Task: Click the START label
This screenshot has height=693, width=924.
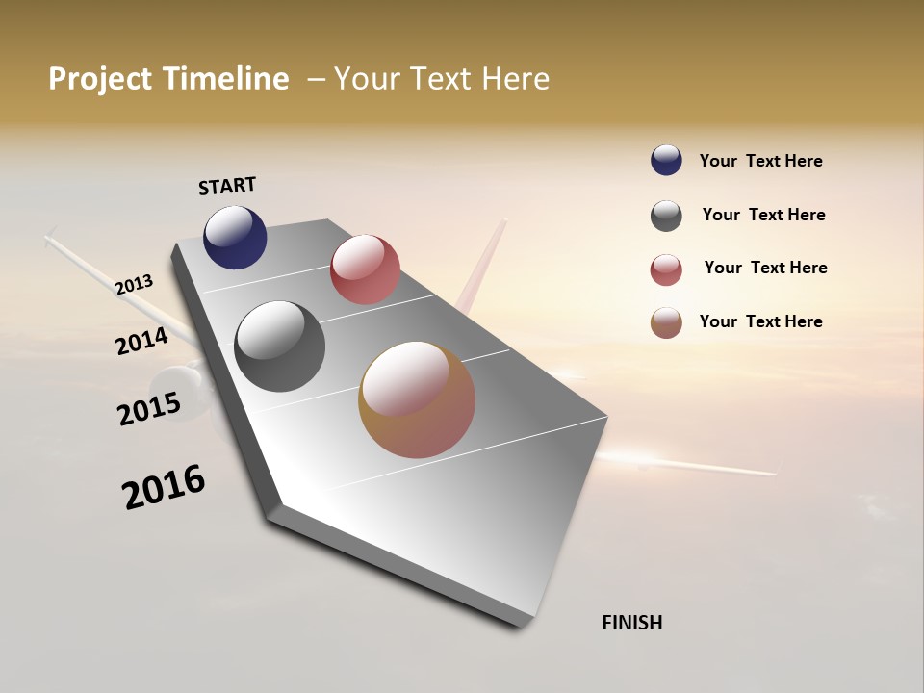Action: coord(227,186)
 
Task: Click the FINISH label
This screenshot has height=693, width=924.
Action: coord(632,623)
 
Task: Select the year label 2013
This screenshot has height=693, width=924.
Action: coord(135,285)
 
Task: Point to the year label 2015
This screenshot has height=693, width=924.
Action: coord(149,408)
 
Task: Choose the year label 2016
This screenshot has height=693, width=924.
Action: coord(164,487)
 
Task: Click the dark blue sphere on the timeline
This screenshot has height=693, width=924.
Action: coord(235,237)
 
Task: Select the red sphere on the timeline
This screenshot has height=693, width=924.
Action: coord(365,269)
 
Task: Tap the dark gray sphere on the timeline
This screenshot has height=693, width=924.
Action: coord(279,346)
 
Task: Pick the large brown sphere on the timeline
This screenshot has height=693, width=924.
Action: coord(417,399)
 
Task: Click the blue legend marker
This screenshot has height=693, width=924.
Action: coord(666,160)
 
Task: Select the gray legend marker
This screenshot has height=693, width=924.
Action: coord(666,216)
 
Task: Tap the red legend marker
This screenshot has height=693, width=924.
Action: coord(666,269)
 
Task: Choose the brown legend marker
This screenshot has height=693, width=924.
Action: coord(666,322)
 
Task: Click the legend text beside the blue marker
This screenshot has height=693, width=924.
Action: coord(760,161)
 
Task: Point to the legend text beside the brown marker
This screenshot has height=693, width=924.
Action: coord(760,321)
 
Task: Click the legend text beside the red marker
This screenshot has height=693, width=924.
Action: coord(765,268)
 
